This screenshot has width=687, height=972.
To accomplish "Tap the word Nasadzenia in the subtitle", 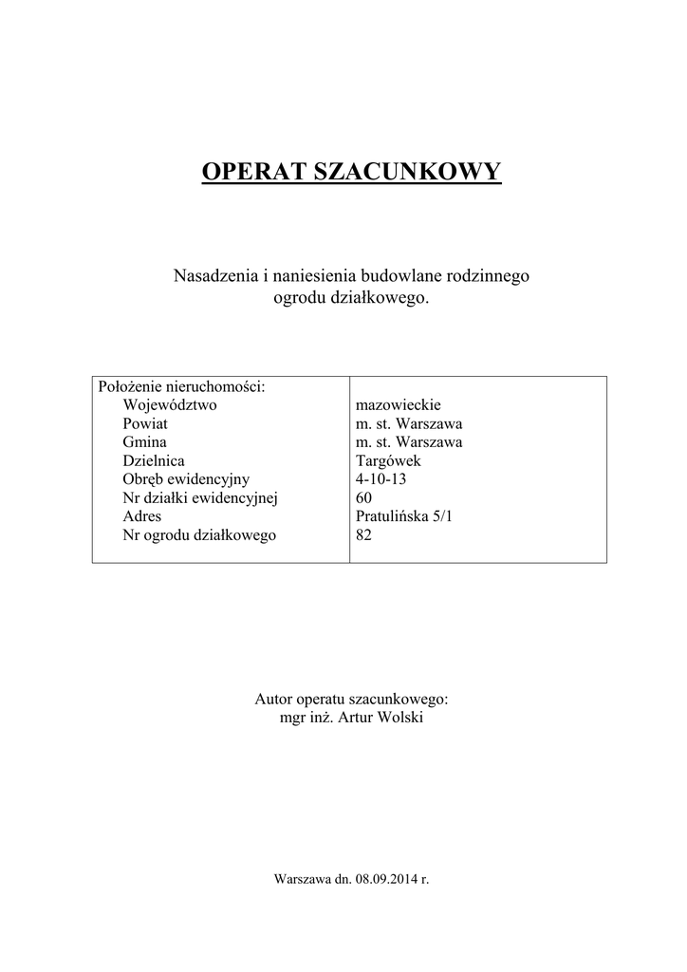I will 215,275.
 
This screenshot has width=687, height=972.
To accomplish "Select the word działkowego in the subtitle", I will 380,297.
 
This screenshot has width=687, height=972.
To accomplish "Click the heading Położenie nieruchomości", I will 181,386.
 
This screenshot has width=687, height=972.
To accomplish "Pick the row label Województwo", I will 170,404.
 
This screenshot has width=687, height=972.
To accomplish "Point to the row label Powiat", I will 145,423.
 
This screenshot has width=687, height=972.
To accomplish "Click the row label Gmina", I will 144,442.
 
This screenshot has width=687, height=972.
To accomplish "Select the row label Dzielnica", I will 154,460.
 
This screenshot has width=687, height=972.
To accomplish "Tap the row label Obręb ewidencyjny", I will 186,479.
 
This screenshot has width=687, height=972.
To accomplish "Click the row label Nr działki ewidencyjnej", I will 199,497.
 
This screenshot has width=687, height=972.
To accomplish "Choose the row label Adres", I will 142,516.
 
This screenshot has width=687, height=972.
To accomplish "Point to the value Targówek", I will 387,460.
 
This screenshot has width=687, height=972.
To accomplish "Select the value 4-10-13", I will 381,479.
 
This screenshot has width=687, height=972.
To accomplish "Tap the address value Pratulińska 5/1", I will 403,516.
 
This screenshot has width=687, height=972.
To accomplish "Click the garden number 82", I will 363,535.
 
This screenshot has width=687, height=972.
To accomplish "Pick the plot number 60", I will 363,497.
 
